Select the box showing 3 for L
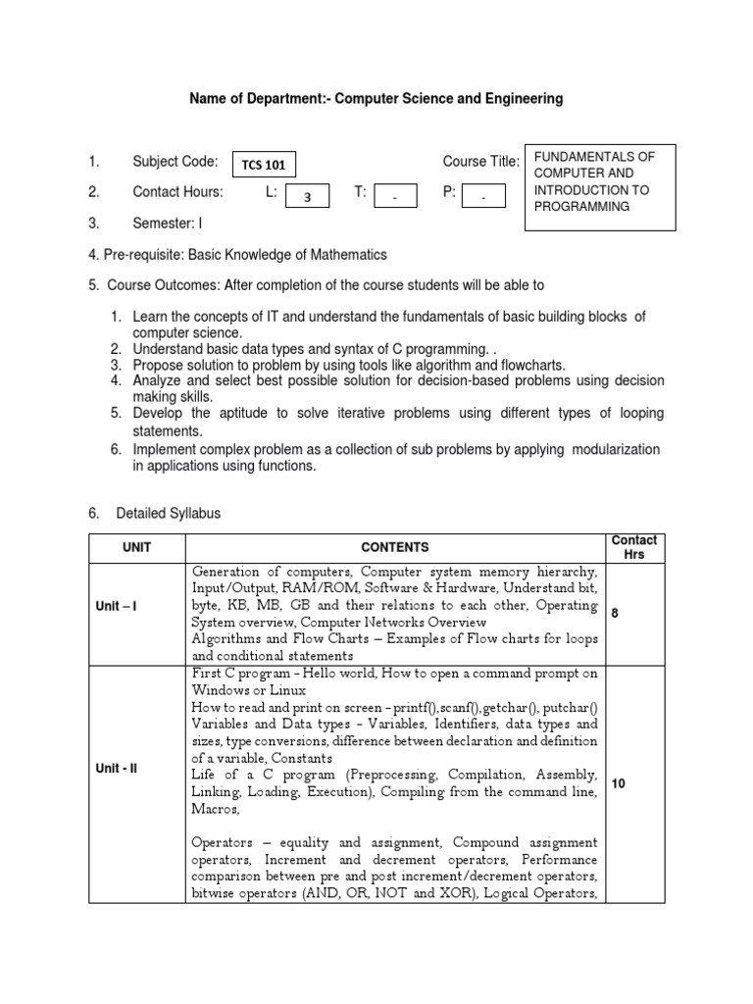[308, 196]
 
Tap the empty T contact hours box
[395, 196]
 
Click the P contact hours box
[482, 196]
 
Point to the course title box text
[600, 182]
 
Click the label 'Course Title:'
[480, 162]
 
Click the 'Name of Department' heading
[376, 99]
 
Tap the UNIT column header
[136, 547]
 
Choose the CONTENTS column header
[395, 547]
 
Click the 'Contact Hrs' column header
[634, 547]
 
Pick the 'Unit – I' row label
[117, 606]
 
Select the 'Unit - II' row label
[117, 768]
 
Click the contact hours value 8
[616, 613]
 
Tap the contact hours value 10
[619, 783]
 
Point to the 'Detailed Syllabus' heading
[168, 513]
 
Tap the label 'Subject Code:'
[175, 162]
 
